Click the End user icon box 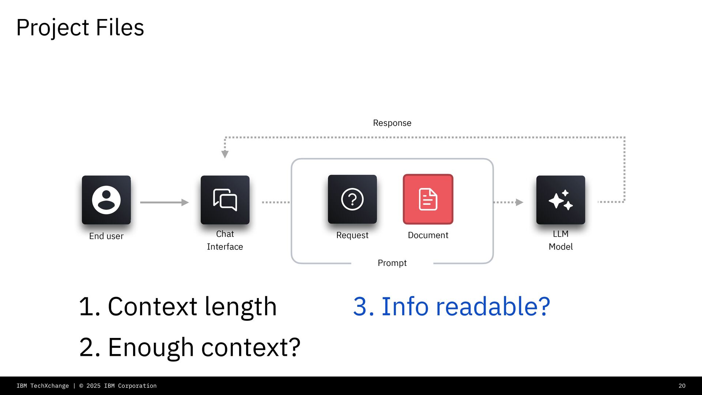(106, 200)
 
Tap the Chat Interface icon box (225, 200)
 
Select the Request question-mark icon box (352, 199)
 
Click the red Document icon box (428, 199)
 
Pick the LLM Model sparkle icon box (561, 200)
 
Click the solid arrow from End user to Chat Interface (164, 202)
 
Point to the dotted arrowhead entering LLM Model (519, 202)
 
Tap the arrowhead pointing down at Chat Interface (225, 154)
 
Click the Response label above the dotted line (392, 123)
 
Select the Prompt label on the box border (392, 263)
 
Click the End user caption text (106, 236)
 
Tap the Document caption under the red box (428, 235)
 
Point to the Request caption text (352, 235)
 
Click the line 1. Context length (178, 306)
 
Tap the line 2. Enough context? (189, 347)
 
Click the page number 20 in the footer (682, 386)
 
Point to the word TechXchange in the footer (49, 386)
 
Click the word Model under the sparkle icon (561, 247)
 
